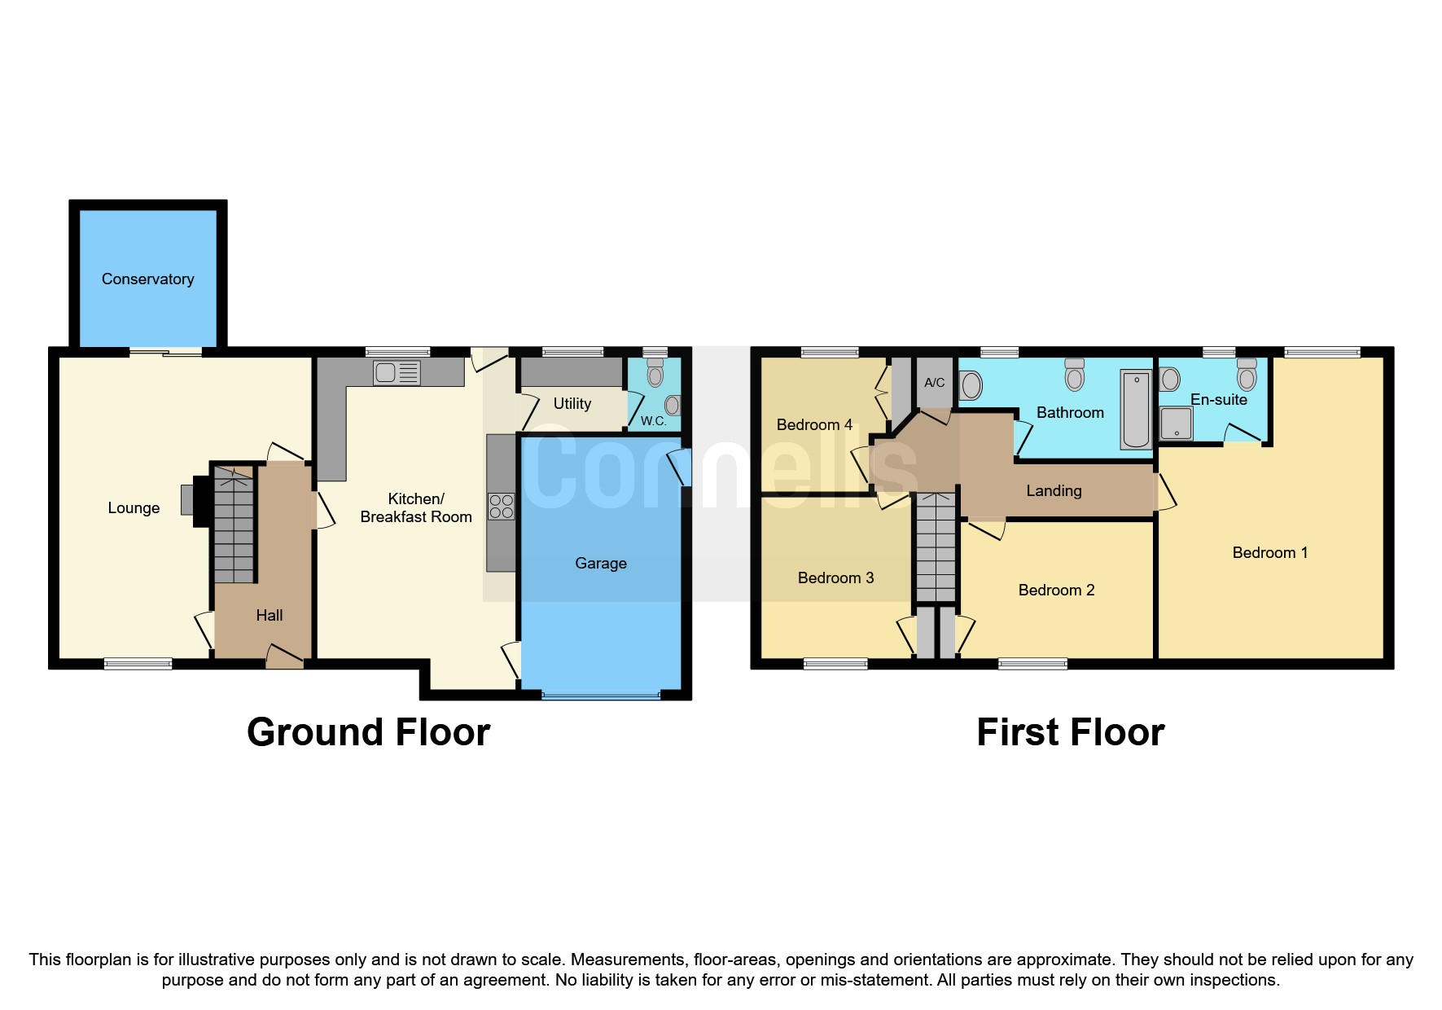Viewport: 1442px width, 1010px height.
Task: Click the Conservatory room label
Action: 147,279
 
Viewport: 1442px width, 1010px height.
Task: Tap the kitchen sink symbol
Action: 397,373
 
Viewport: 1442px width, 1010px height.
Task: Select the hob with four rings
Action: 502,506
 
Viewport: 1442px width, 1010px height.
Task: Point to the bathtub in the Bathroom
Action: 1136,410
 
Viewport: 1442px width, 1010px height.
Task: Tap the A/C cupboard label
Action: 934,382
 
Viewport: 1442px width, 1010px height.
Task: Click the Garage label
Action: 601,564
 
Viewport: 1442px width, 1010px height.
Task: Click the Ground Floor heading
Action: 368,732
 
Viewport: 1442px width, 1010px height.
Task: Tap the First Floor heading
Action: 1070,732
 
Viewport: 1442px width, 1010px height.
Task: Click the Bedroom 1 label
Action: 1269,553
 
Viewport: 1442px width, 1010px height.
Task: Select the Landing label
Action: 1054,491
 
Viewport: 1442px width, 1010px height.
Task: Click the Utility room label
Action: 572,404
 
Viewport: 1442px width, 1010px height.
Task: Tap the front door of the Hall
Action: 284,658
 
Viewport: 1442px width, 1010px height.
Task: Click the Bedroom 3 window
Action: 835,664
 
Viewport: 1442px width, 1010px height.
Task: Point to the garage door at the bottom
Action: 601,696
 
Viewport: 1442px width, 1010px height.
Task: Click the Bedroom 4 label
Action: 813,425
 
